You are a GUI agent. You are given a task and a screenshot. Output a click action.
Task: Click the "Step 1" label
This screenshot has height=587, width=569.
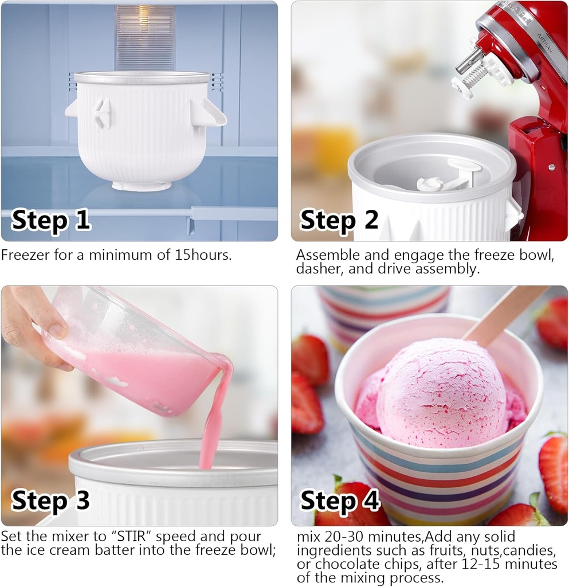pyautogui.click(x=51, y=220)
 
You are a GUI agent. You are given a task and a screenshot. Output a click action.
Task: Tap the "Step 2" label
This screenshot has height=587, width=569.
pyautogui.click(x=339, y=220)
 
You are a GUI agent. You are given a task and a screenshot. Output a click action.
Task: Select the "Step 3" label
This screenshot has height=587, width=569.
pyautogui.click(x=51, y=500)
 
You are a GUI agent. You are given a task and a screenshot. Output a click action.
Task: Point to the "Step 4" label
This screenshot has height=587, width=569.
pyautogui.click(x=340, y=500)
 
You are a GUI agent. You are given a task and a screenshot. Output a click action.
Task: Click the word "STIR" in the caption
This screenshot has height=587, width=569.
pyautogui.click(x=129, y=537)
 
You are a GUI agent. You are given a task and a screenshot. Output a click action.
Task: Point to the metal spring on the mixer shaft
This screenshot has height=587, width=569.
pyautogui.click(x=476, y=75)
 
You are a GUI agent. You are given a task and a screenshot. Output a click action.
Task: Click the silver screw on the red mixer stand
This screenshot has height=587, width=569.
pyautogui.click(x=551, y=168)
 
